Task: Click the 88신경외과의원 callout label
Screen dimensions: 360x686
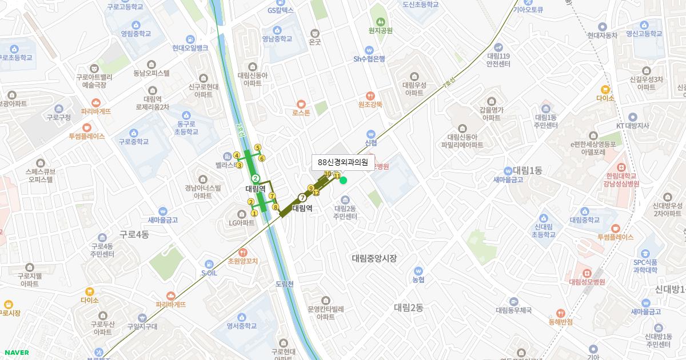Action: [343, 162]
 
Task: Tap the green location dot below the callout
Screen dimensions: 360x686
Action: [344, 181]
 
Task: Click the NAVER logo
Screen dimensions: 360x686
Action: [15, 353]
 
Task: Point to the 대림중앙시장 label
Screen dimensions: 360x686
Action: [374, 258]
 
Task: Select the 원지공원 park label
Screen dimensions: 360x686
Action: [381, 30]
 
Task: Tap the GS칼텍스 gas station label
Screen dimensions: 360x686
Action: [280, 10]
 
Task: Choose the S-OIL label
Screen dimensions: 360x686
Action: [209, 273]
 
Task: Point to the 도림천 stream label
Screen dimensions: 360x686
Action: [284, 283]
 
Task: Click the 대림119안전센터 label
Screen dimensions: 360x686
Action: [498, 59]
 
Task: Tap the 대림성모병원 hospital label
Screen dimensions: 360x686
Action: [587, 281]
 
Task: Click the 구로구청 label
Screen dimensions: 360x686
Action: [58, 117]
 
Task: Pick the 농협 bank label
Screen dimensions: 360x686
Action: [418, 279]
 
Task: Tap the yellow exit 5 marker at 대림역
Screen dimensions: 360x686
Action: [258, 147]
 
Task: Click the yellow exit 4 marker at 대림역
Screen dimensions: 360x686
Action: [237, 155]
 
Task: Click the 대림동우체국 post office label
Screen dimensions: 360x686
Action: [514, 310]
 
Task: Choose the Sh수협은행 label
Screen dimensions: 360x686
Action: [369, 58]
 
